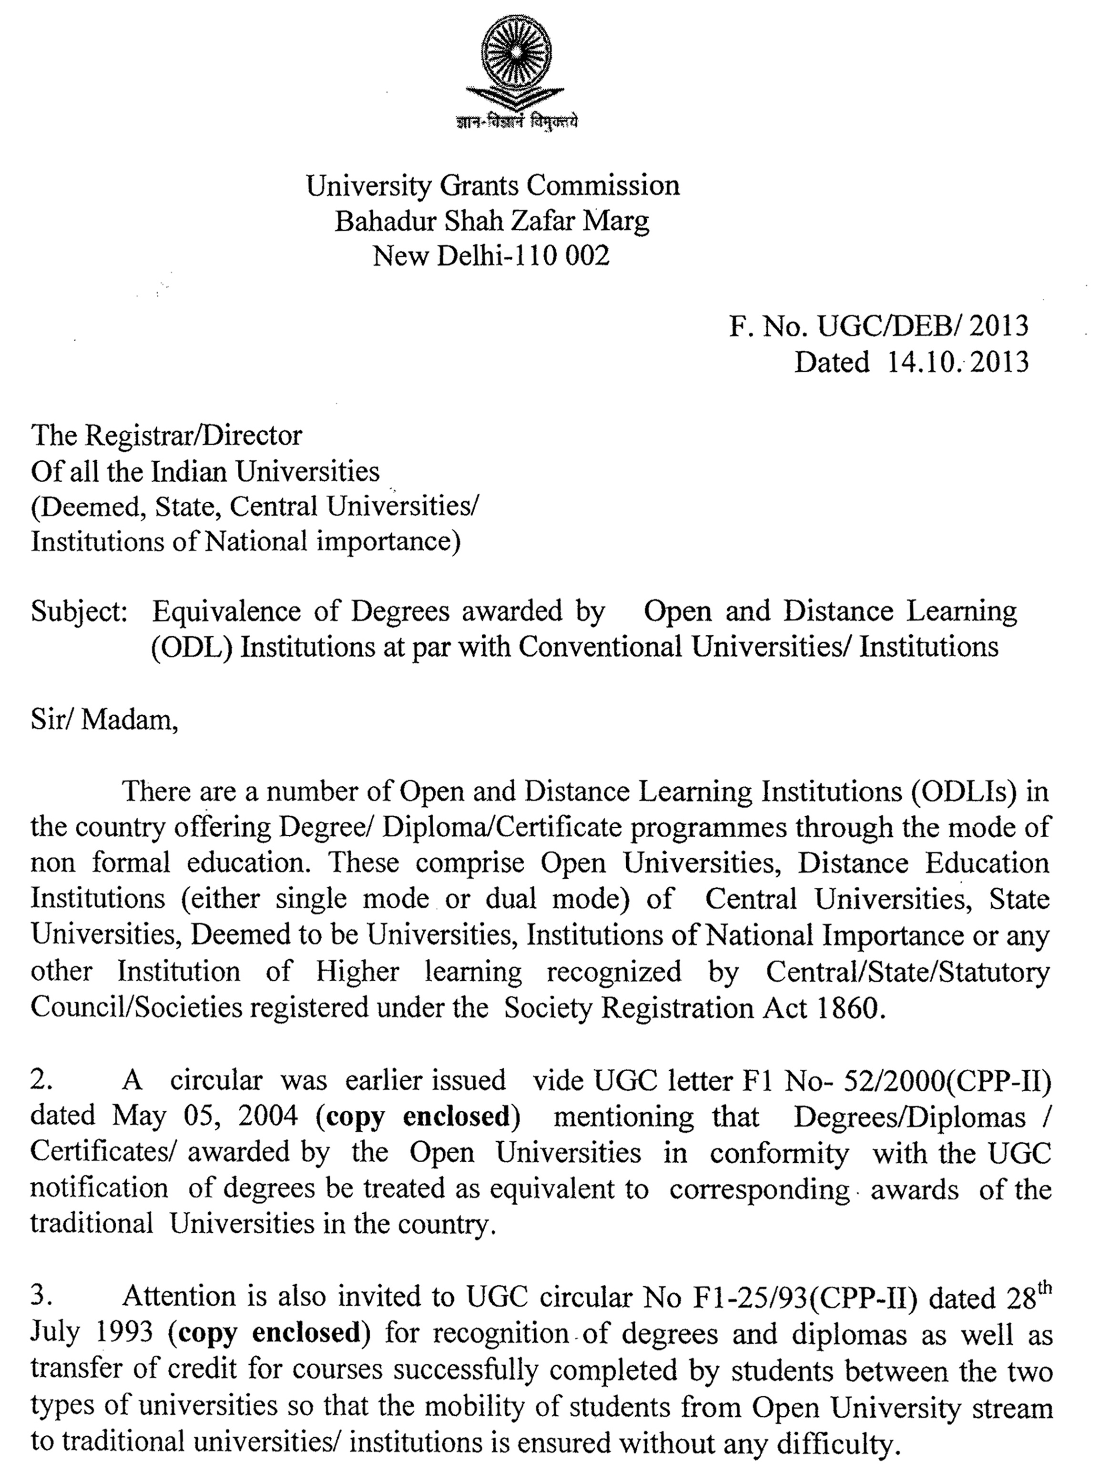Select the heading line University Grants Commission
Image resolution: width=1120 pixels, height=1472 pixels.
tap(493, 186)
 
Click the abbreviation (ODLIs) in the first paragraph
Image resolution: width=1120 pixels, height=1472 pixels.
tap(961, 792)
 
